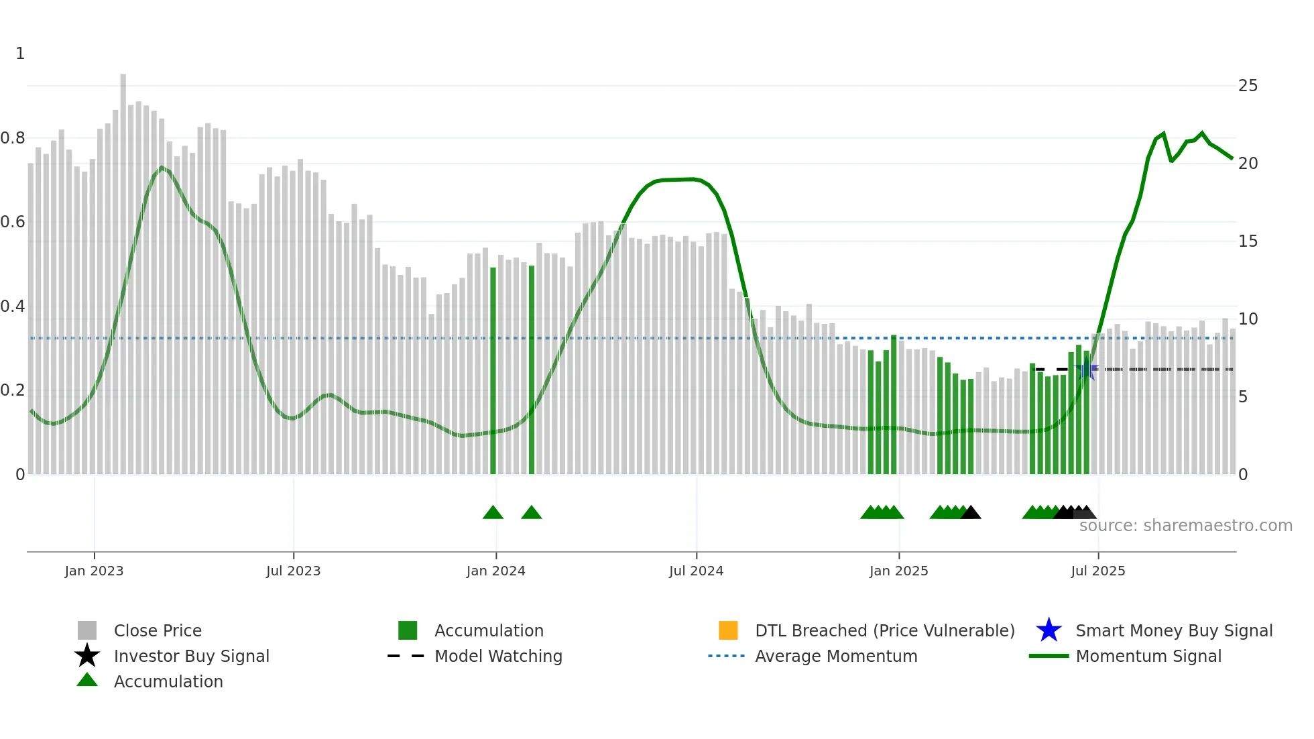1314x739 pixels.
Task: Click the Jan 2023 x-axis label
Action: [x=94, y=571]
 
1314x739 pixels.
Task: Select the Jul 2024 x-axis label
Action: [x=696, y=571]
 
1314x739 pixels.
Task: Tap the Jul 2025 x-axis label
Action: [x=1097, y=571]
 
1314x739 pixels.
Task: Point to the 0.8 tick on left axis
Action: [x=13, y=138]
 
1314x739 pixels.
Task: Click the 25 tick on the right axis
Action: [x=1248, y=86]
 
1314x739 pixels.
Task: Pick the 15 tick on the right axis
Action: [x=1248, y=241]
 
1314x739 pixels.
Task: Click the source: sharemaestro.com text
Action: [x=1185, y=526]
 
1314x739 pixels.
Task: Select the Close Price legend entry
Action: [x=158, y=630]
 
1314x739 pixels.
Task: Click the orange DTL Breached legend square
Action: [x=728, y=630]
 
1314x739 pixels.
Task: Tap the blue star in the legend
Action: [x=1049, y=630]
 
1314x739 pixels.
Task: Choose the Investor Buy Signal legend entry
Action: [x=191, y=656]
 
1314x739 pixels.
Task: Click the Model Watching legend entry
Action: [x=498, y=656]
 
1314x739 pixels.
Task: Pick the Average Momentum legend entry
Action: [x=836, y=656]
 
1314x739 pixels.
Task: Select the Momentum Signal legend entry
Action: [x=1148, y=656]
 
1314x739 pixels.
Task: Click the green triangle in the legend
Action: [x=87, y=680]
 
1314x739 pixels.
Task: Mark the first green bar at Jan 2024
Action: [x=493, y=369]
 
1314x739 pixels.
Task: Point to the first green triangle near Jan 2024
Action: [x=493, y=513]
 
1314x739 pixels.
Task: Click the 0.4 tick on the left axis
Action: [x=13, y=306]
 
